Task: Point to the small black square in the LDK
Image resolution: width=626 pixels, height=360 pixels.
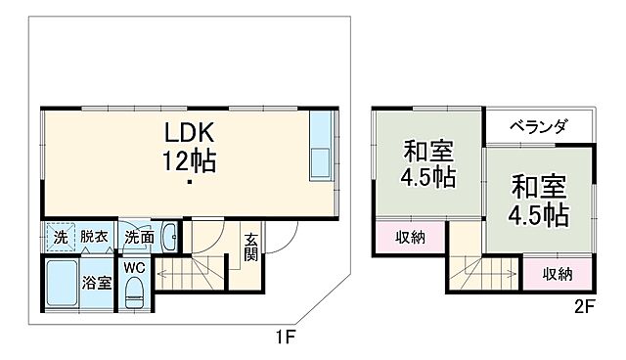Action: pyautogui.click(x=189, y=182)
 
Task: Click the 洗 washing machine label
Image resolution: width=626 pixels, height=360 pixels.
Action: pyautogui.click(x=58, y=236)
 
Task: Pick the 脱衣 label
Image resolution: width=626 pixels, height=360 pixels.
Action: pyautogui.click(x=94, y=236)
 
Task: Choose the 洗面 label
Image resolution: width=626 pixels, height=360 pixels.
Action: pyautogui.click(x=138, y=236)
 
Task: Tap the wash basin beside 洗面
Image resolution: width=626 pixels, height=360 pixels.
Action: pyautogui.click(x=168, y=236)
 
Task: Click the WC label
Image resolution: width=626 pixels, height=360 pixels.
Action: pyautogui.click(x=134, y=265)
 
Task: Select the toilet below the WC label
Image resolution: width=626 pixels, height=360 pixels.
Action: pyautogui.click(x=135, y=291)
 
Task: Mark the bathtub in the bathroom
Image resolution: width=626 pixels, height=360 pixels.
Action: pyautogui.click(x=61, y=284)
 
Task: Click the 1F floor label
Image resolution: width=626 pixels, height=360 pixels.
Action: pyautogui.click(x=285, y=337)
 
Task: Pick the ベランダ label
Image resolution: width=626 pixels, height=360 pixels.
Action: pyautogui.click(x=539, y=125)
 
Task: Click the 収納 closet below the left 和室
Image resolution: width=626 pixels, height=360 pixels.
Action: pyautogui.click(x=410, y=239)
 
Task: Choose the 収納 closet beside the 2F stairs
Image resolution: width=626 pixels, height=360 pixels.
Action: pyautogui.click(x=559, y=274)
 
